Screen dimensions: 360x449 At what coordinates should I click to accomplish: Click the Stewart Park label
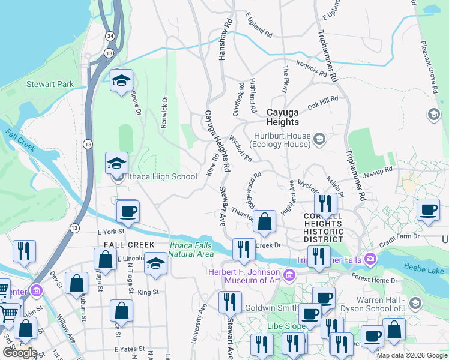pos(50,84)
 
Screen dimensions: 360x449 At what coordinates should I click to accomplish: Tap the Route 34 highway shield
pos(109,37)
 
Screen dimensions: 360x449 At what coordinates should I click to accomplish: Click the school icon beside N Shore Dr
pos(121,80)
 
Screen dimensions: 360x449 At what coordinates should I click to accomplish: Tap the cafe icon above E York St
pos(127,211)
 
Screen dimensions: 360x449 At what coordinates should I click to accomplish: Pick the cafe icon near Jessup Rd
pos(427,210)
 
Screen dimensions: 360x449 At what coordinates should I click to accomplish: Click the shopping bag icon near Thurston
pos(264,222)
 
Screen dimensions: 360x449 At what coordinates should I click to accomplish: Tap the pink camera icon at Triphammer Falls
pos(370,259)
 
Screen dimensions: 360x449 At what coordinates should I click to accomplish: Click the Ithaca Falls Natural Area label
pos(191,249)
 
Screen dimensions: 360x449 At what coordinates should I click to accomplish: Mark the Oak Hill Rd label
pos(322,101)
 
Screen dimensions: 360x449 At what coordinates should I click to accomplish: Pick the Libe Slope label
pos(286,325)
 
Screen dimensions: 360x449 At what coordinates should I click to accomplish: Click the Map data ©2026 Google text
pos(412,355)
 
